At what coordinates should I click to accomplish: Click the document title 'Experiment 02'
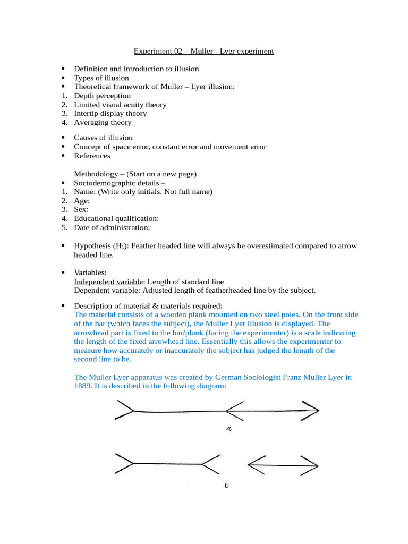coord(203,52)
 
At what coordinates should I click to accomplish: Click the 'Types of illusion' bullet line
coord(101,78)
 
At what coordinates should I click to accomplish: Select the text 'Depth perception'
coord(102,96)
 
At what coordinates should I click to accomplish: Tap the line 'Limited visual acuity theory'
coord(120,105)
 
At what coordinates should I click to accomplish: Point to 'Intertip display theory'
coord(110,113)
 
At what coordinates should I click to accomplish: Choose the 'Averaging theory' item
coord(103,122)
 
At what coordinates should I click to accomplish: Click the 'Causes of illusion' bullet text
coord(103,138)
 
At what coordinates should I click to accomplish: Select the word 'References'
coord(92,156)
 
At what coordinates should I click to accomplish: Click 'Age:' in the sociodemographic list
coord(82,201)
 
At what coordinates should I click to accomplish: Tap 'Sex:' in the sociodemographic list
coord(81,210)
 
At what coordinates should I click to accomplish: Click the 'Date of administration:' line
coord(112,227)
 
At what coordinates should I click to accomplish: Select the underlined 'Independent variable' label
coord(108,282)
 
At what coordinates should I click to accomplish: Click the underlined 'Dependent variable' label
coord(106,290)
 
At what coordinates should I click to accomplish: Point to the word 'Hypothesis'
coord(91,246)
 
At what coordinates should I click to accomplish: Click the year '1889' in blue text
coord(83,386)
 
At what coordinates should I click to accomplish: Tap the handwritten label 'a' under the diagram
coord(228,429)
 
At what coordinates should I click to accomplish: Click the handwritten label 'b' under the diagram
coord(226,484)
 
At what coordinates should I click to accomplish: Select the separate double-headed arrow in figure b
coord(283,465)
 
